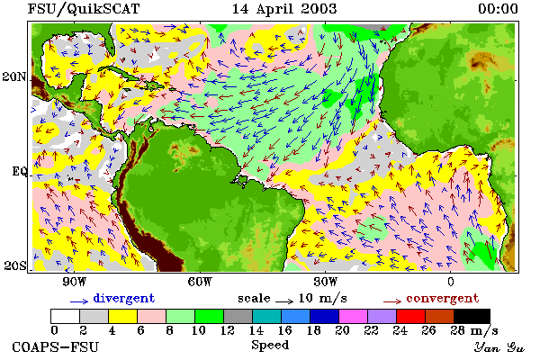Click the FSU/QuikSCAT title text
(84, 9)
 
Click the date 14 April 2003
(284, 9)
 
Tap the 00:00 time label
(498, 9)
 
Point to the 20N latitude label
(14, 76)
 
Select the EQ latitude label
(19, 171)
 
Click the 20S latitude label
(15, 265)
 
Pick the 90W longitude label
(74, 282)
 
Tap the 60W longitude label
(200, 282)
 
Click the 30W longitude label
(326, 282)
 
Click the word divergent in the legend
(124, 298)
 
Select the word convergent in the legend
(443, 298)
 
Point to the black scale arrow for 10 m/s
(284, 301)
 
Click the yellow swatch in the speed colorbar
(122, 316)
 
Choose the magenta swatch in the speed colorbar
(353, 316)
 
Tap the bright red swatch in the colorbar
(410, 316)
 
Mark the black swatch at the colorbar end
(472, 316)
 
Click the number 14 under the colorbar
(256, 330)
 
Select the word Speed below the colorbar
(270, 346)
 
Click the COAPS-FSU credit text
(56, 346)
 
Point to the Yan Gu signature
(499, 347)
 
